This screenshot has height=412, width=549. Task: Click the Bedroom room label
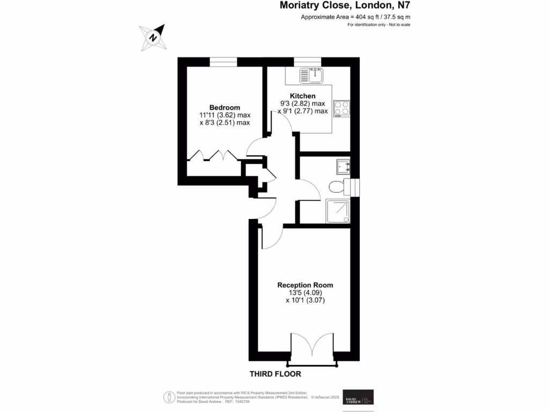pos(225,107)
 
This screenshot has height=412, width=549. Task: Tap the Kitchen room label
pos(303,96)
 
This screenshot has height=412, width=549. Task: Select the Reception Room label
pos(305,285)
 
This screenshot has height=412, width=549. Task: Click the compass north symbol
pos(153,38)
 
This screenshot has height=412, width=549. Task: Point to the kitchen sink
pos(310,76)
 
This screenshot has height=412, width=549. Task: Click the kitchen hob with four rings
pos(341,108)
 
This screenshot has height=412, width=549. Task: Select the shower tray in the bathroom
pos(338,211)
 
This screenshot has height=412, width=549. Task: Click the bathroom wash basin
pos(343,167)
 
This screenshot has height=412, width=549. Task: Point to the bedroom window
pos(224,62)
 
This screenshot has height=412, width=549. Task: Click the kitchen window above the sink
pos(307,62)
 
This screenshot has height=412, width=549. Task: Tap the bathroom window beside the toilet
pos(355,187)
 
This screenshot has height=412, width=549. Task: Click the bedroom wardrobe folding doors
pos(212,155)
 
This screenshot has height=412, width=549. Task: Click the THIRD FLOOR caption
pos(276,374)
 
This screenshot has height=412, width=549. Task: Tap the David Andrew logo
pos(358,397)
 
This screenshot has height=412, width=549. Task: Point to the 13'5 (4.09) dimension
pos(305,293)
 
